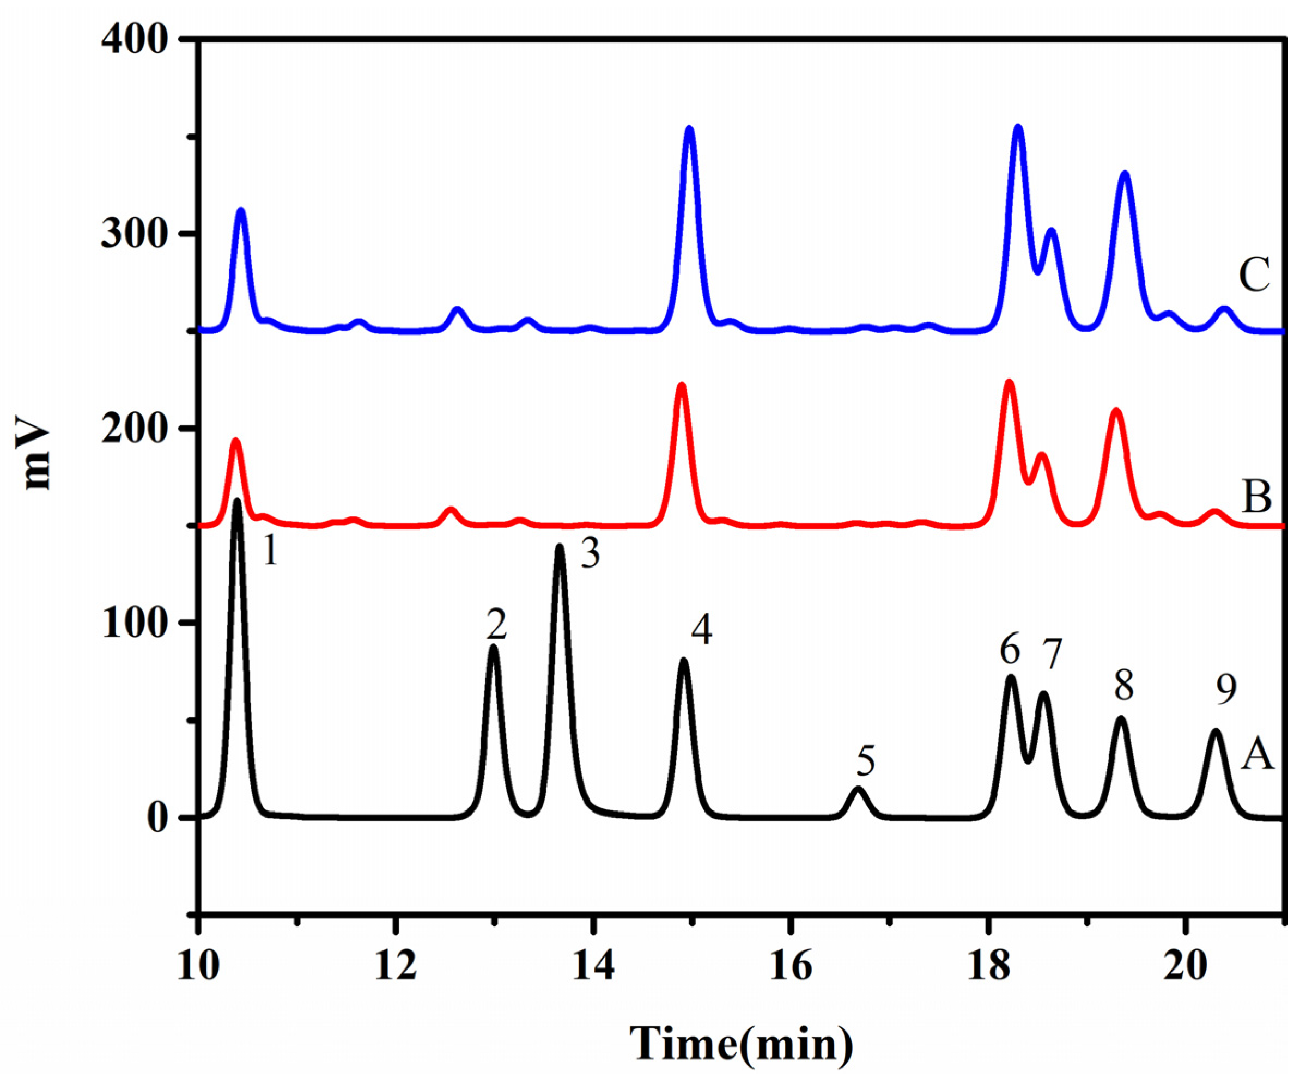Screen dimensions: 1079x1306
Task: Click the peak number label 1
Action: point(269,552)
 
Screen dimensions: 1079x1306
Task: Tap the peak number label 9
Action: point(1226,690)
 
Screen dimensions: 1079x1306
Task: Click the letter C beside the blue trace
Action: point(1254,276)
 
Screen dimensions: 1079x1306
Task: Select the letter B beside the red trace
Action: point(1256,497)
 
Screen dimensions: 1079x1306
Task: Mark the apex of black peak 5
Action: point(859,789)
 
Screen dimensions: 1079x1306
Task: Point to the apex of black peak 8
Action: point(1121,719)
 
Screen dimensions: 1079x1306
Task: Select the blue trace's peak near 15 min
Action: point(689,129)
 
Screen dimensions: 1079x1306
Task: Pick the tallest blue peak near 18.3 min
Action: point(1018,127)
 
